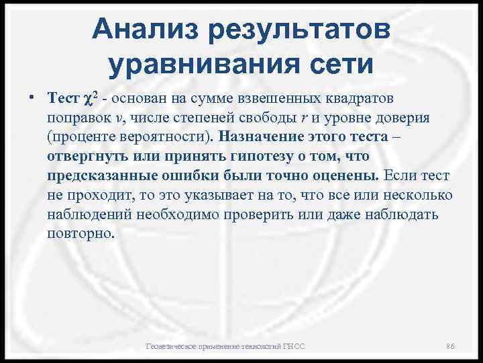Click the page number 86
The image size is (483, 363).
coord(451,346)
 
